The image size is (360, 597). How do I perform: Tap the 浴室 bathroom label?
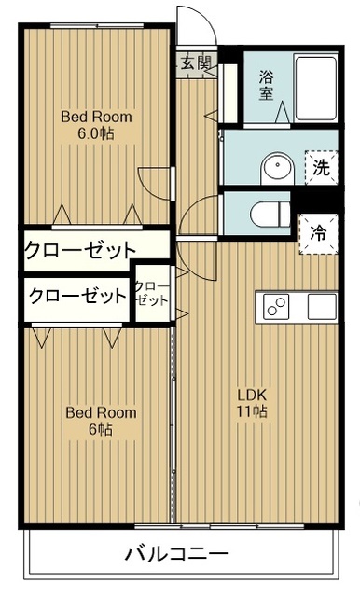(x=267, y=86)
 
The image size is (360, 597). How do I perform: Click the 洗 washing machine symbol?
(x=320, y=169)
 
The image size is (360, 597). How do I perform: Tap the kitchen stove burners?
(x=277, y=305)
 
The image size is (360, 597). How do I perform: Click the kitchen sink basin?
(x=321, y=305)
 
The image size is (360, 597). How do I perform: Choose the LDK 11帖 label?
(x=252, y=401)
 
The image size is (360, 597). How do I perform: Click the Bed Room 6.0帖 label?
(x=96, y=126)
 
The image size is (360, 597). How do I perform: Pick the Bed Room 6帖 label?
(x=101, y=421)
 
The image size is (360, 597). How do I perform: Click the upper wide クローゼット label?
(x=80, y=250)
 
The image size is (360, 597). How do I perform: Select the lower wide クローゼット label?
(x=76, y=297)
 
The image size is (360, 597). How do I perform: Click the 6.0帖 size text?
(x=96, y=134)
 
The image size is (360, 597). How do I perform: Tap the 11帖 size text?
(x=252, y=410)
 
